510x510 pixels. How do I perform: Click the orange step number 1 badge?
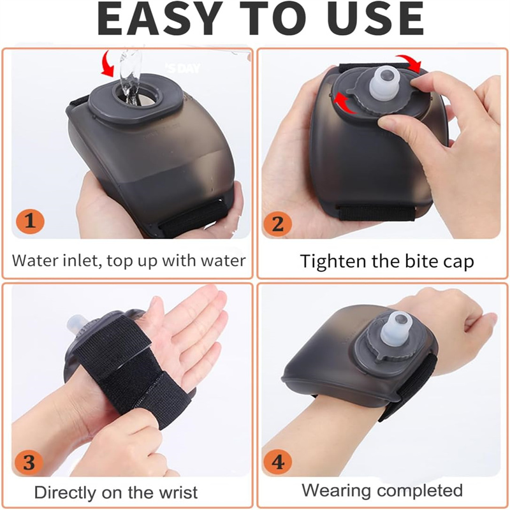30,221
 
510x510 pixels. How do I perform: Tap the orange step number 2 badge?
277,224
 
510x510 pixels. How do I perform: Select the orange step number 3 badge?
29,462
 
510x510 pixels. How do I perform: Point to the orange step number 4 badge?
277,462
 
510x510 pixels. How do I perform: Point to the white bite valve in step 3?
76,324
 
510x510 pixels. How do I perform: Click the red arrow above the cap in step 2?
410,63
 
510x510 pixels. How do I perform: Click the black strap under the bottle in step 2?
377,213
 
